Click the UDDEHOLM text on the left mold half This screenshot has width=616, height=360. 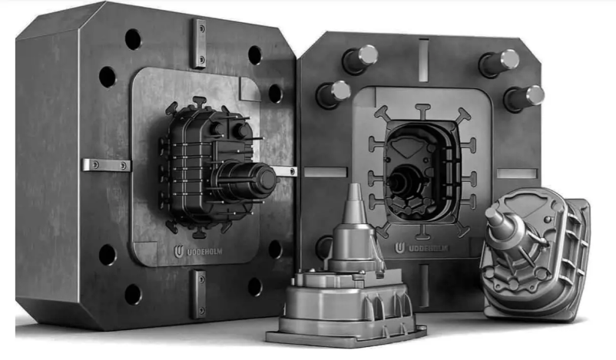coord(204,252)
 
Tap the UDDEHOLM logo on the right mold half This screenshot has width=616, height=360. coord(400,248)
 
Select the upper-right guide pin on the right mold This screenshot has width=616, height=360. coord(500,63)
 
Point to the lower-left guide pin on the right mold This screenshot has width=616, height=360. coord(333,94)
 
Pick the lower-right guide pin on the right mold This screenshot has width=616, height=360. coord(525,98)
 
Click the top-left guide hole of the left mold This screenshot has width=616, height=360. coord(133,39)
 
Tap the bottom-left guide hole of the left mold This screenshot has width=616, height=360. coord(108,254)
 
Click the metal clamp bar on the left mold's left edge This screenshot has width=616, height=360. coord(106,165)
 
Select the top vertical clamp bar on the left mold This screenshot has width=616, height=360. coord(199,43)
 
